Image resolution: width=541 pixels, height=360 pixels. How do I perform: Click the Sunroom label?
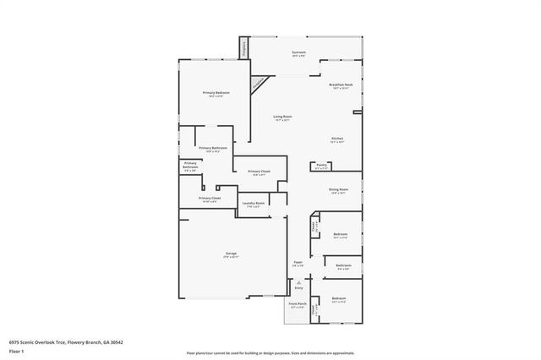pyautogui.click(x=298, y=54)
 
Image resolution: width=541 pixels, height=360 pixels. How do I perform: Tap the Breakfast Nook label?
pyautogui.click(x=341, y=86)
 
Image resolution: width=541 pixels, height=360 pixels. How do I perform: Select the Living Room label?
pyautogui.click(x=282, y=118)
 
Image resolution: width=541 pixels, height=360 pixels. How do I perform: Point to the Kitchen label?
pyautogui.click(x=336, y=140)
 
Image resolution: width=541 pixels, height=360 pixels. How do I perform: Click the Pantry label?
pyautogui.click(x=322, y=166)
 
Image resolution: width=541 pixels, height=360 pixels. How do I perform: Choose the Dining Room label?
pyautogui.click(x=338, y=191)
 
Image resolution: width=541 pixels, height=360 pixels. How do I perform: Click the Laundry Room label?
pyautogui.click(x=254, y=204)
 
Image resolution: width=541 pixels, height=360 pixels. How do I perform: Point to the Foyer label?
pyautogui.click(x=298, y=264)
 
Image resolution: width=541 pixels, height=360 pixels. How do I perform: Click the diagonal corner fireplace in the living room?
pyautogui.click(x=255, y=85)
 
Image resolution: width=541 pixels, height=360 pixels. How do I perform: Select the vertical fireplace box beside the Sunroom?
pyautogui.click(x=245, y=49)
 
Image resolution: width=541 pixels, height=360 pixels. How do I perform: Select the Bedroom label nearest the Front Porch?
pyautogui.click(x=339, y=300)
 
